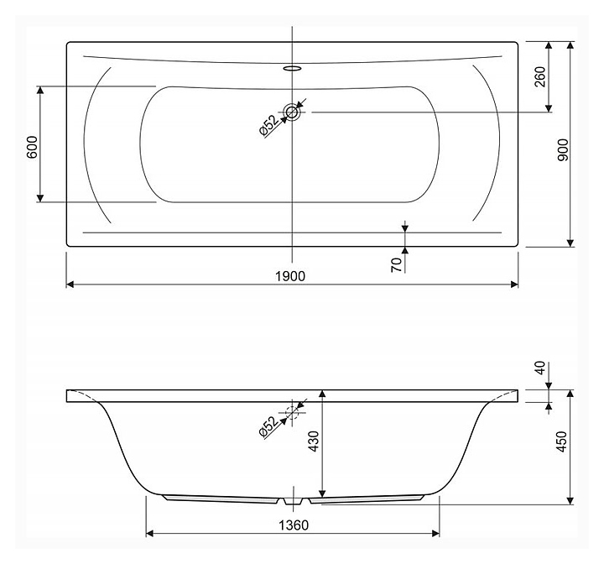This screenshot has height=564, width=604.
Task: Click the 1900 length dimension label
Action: [290, 276]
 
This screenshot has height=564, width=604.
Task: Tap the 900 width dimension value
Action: [563, 150]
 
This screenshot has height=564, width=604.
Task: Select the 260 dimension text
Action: [541, 76]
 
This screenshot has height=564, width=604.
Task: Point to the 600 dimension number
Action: [32, 147]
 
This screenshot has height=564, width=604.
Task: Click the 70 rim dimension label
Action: [396, 265]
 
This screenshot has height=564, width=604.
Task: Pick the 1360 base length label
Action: [294, 525]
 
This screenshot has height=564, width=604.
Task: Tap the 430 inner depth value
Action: [314, 441]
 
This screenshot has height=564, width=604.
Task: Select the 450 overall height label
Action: [562, 441]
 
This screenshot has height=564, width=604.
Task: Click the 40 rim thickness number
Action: [540, 368]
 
